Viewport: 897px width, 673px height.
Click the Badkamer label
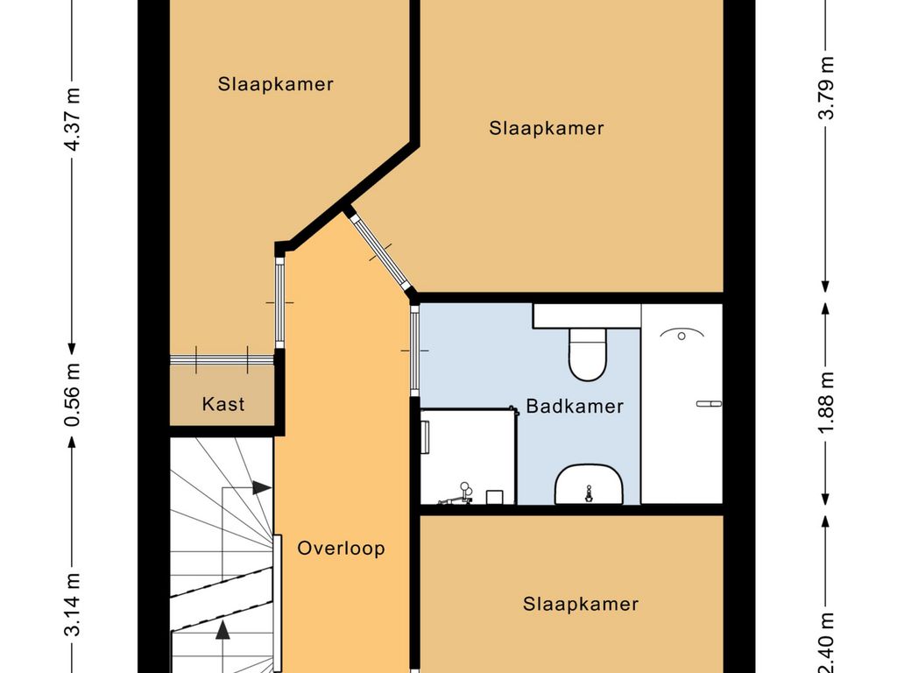coord(575,407)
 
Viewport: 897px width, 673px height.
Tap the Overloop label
coord(341,549)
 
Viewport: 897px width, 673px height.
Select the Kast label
coord(223,404)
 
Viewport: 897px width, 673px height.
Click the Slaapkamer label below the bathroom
coord(581,604)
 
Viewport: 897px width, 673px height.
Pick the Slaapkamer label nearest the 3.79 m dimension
coord(547,128)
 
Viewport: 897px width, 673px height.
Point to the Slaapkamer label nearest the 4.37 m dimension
coord(276,84)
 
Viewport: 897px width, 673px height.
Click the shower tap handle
coord(709,404)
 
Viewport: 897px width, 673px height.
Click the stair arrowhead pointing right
coord(261,487)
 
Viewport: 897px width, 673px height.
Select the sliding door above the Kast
coord(222,358)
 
